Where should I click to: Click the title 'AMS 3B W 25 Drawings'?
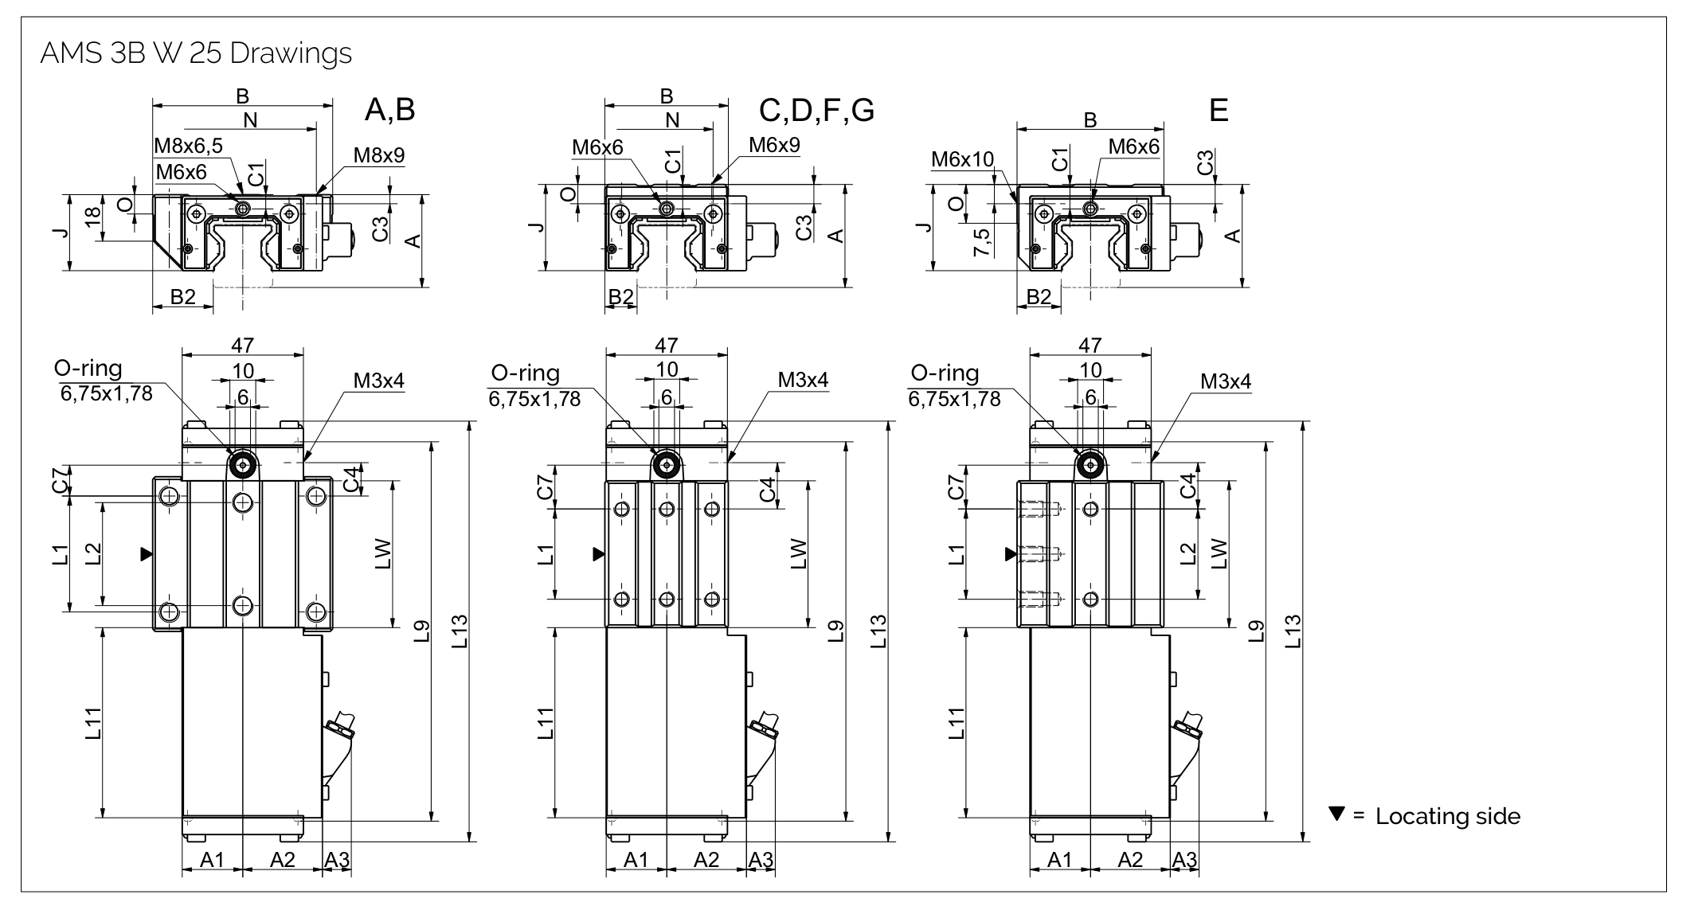[195, 53]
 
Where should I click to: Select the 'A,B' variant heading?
[389, 110]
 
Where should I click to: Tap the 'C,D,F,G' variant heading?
[816, 110]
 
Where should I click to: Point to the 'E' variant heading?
[1218, 110]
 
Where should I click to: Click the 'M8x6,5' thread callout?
[188, 145]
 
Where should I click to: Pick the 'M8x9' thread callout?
[378, 155]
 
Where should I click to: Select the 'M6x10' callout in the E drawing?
[962, 159]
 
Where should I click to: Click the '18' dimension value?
[93, 217]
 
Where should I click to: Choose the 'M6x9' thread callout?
[774, 145]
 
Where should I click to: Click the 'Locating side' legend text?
[1447, 816]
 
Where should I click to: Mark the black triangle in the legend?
[1336, 814]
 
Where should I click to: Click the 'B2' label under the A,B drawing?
[183, 297]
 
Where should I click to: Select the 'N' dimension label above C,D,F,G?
[672, 120]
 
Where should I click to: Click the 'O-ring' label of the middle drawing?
[525, 373]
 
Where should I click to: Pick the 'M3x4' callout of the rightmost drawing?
[1226, 381]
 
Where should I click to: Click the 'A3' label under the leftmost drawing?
[337, 860]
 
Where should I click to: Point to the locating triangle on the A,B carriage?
[146, 553]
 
